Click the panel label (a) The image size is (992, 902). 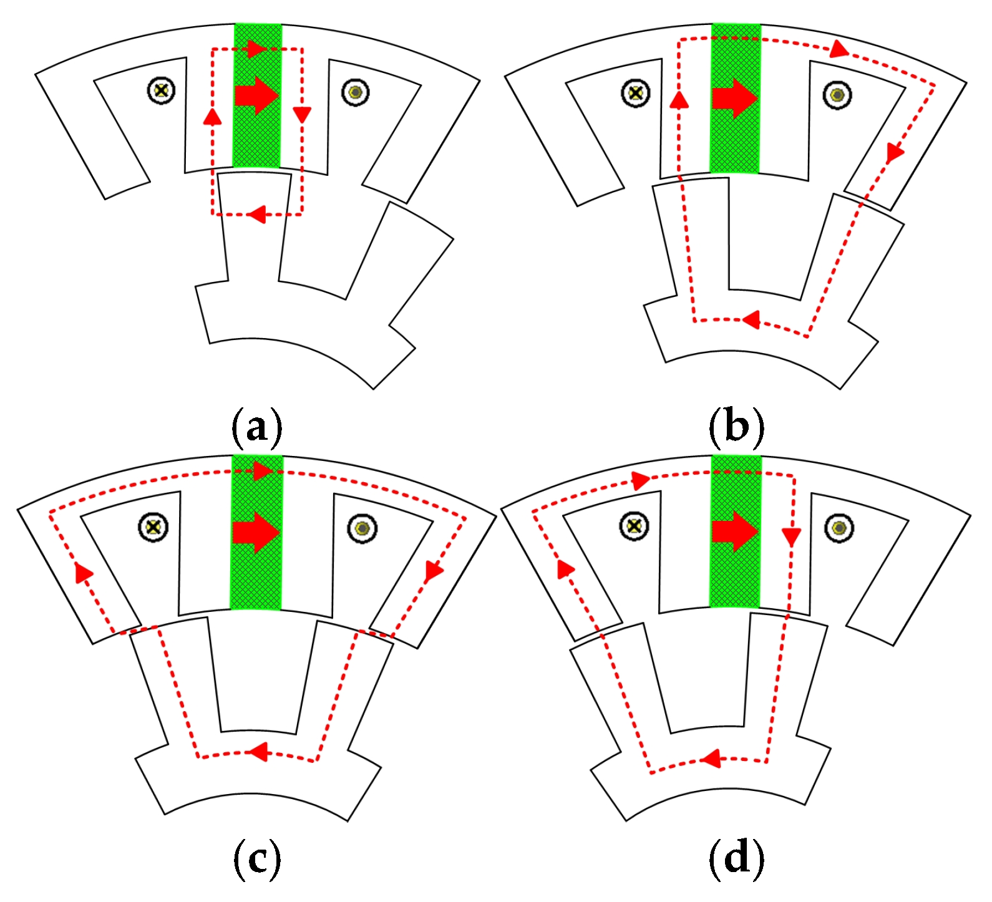point(256,427)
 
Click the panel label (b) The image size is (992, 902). point(736,427)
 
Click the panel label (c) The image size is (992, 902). point(256,860)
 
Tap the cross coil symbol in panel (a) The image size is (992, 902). point(162,90)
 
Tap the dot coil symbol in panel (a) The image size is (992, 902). point(356,93)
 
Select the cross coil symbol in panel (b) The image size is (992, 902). point(636,94)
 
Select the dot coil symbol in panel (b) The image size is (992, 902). point(837,95)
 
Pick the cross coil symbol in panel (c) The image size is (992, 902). point(152,527)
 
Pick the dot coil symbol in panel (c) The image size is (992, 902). point(362,529)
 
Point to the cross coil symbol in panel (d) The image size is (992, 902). point(635,526)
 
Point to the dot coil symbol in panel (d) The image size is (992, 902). point(839,528)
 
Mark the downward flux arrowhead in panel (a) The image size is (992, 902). point(303,114)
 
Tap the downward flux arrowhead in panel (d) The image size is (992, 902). point(791,536)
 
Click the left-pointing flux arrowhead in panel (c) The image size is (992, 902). point(258,752)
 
